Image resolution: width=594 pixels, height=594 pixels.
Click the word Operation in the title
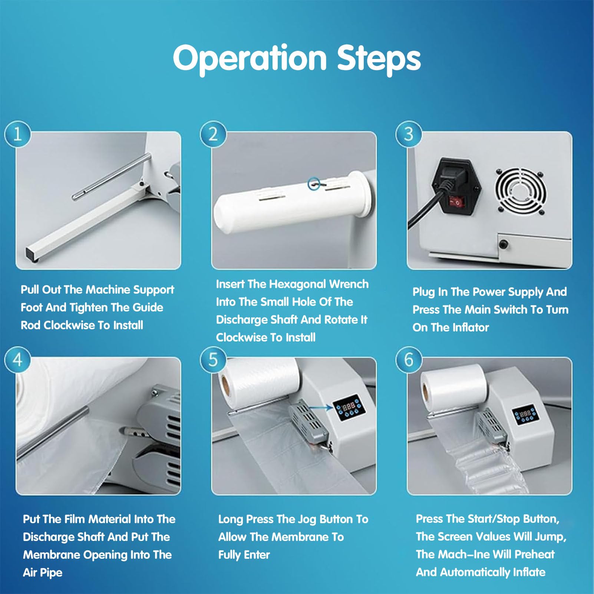click(x=250, y=58)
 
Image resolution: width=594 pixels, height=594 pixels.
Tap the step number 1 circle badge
click(x=17, y=134)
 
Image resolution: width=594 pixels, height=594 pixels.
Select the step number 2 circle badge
click(x=213, y=134)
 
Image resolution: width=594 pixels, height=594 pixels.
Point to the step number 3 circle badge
click(x=409, y=134)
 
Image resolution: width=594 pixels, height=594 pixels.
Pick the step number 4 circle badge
click(x=17, y=360)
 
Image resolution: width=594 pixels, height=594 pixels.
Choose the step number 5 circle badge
click(x=213, y=360)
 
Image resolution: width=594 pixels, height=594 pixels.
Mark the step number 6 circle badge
click(x=409, y=360)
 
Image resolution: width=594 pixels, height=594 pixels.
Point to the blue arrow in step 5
click(x=320, y=407)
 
